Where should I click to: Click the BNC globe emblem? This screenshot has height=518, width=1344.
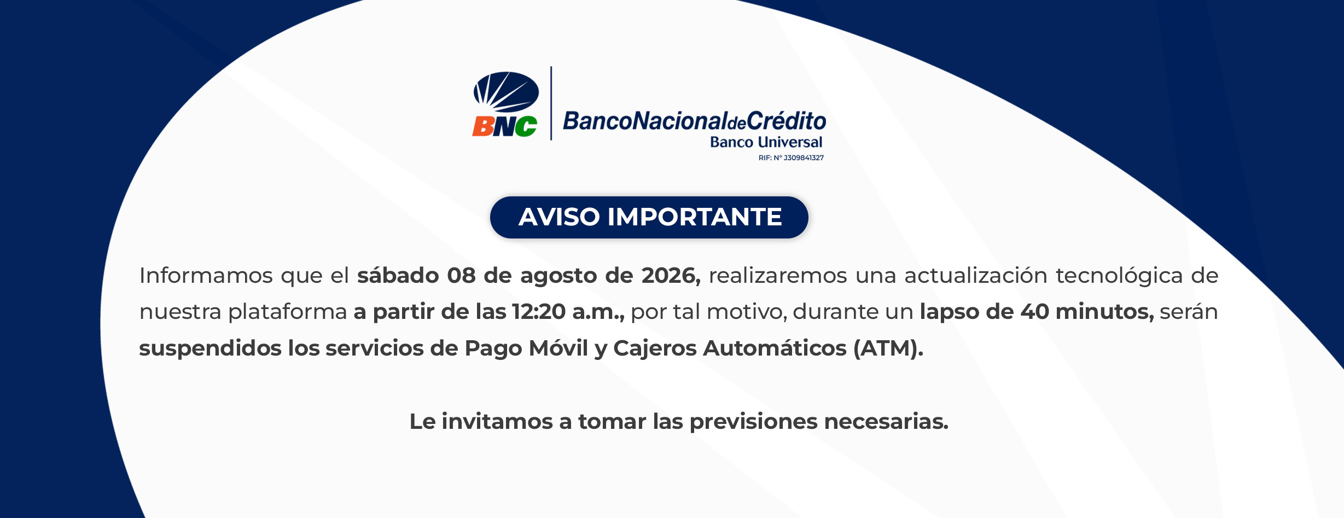506,92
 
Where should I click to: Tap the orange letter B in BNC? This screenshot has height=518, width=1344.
483,126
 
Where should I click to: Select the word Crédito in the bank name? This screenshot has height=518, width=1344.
787,120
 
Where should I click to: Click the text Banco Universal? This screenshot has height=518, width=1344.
766,142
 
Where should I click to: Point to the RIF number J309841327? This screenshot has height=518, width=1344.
804,158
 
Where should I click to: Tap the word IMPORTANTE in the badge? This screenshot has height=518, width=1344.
695,217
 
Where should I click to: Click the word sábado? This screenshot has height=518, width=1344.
398,275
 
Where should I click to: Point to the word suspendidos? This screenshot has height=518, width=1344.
211,348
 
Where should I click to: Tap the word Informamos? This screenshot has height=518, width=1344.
206,275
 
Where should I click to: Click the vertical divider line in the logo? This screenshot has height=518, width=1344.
551,103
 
